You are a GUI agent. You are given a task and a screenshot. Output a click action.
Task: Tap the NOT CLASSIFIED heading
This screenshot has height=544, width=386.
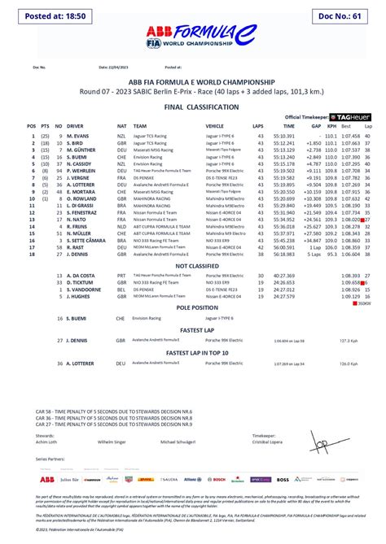(x=193, y=265)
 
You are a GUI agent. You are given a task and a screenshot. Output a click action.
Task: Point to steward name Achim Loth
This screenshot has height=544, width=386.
(x=46, y=442)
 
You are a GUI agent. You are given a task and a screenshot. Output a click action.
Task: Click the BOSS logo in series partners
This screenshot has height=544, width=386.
(x=283, y=480)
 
